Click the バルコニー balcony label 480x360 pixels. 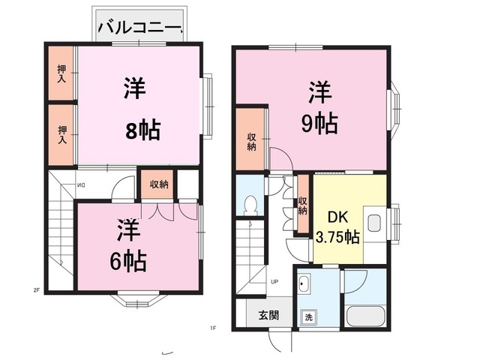[x=140, y=28]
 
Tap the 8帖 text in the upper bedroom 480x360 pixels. [x=143, y=130]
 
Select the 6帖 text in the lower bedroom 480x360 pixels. [x=128, y=262]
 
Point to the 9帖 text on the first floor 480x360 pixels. [x=320, y=124]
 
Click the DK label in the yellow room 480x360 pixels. [x=338, y=217]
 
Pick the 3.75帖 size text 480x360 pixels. [x=337, y=237]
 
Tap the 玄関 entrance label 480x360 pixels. [x=268, y=315]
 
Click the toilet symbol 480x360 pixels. [x=250, y=204]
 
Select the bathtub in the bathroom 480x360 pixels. [x=366, y=316]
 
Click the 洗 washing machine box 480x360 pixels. [x=308, y=317]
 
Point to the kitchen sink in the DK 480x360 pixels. [x=374, y=223]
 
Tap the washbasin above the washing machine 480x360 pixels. [x=304, y=284]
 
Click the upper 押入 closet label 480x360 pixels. [x=61, y=73]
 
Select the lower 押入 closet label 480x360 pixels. [x=62, y=135]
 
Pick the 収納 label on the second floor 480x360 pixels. [x=159, y=184]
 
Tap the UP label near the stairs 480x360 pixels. [x=274, y=282]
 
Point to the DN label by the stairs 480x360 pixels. [x=81, y=185]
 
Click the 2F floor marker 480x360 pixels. [x=37, y=290]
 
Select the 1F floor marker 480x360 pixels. [x=213, y=328]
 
